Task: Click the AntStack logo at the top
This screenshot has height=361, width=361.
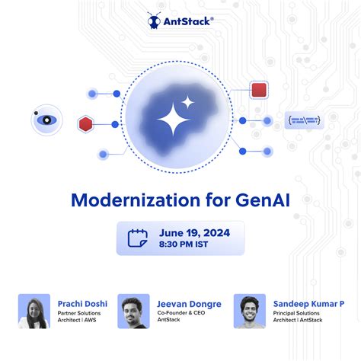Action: coord(180,21)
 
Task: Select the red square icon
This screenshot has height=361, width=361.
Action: coord(259,90)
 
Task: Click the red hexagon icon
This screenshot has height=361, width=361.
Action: coord(85,123)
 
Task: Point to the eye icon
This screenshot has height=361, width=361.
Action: coord(46,120)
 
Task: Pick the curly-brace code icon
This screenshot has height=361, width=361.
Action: coord(302,120)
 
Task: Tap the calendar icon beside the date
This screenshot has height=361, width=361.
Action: coord(138,238)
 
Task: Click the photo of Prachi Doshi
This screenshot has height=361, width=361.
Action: coord(34,311)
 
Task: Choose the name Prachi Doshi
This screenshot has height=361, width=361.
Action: coord(82,304)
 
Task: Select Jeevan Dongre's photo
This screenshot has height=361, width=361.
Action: coord(133,311)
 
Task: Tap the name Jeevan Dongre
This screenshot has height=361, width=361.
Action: coord(190,304)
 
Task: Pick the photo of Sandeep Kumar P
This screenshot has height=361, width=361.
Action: coord(249,311)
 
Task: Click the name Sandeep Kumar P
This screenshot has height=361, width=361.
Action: coord(308,304)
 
